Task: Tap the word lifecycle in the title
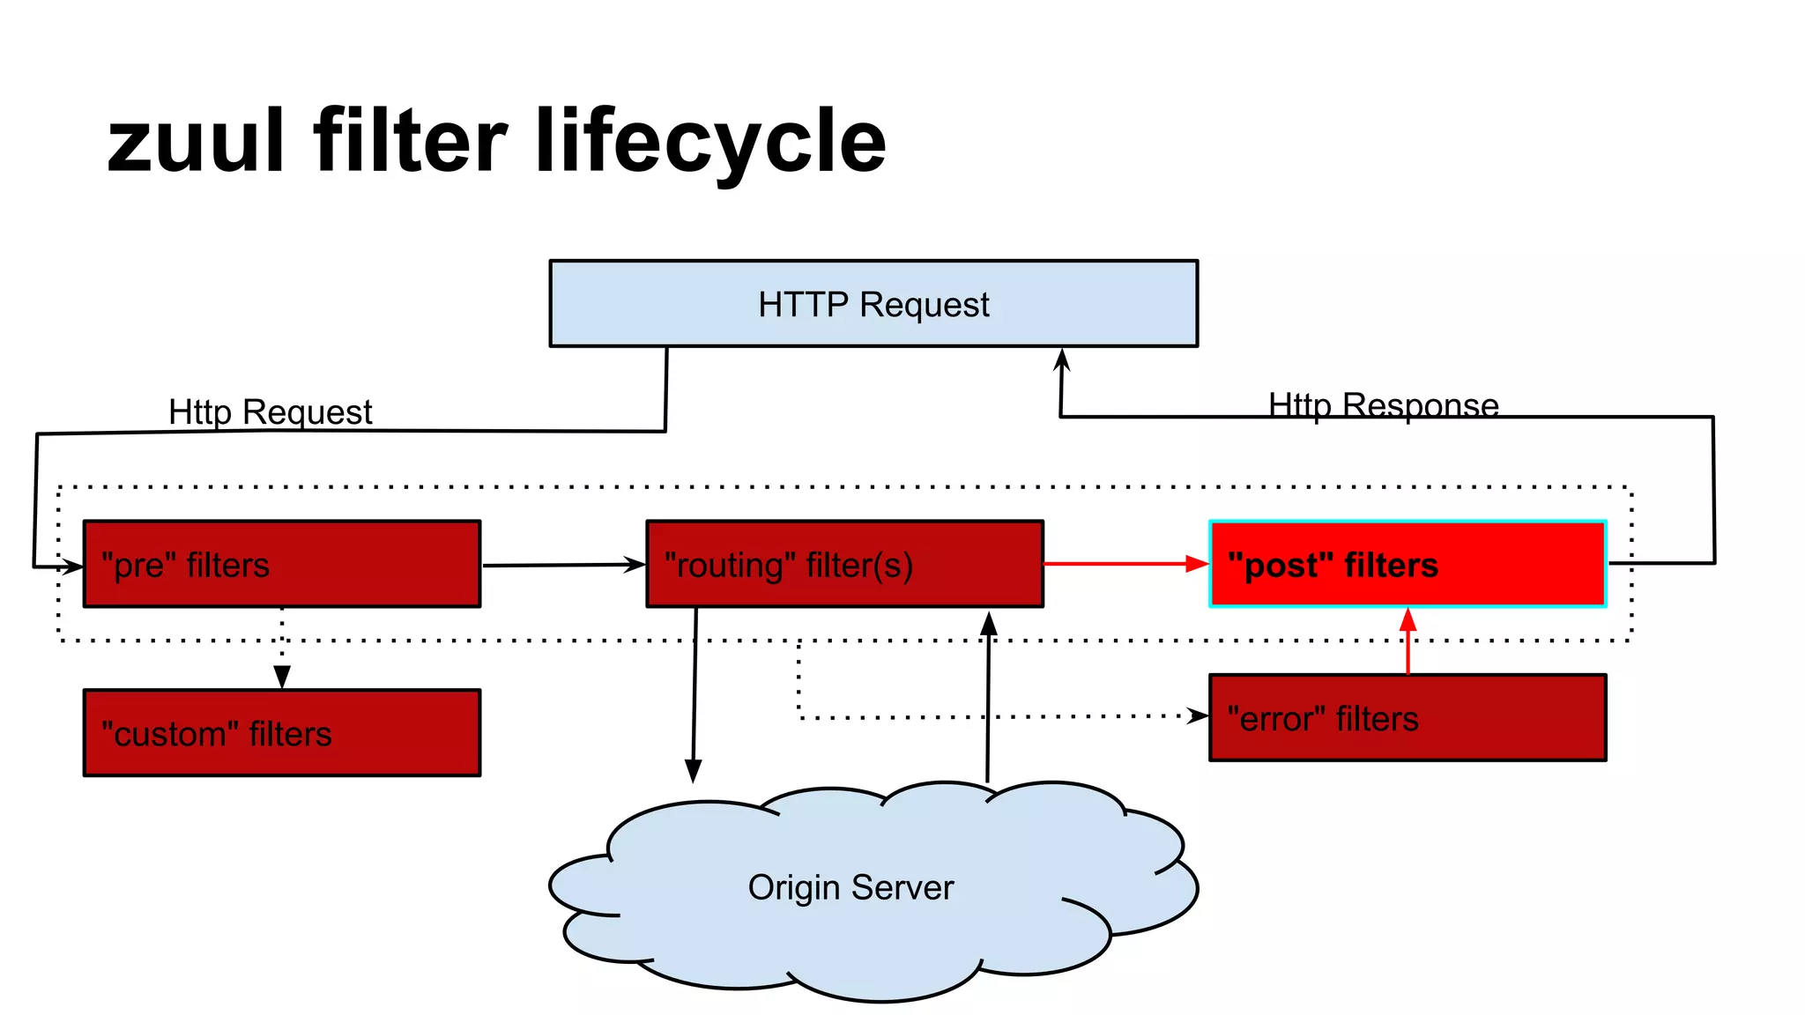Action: tap(709, 141)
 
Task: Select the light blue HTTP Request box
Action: tap(873, 304)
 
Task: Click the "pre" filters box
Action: tap(282, 564)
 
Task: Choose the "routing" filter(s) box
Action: tap(844, 564)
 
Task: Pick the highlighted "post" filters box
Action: tap(1408, 564)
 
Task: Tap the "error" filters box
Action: tap(1408, 718)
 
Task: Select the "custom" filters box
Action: tap(282, 733)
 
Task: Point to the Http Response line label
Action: tap(1383, 405)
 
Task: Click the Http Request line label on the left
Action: tap(270, 411)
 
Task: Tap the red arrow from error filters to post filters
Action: tap(1408, 641)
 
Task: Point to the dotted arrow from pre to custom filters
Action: tap(282, 648)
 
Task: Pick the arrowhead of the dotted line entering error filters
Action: tap(1198, 715)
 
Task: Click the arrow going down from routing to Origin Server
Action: tap(695, 696)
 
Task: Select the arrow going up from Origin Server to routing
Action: tap(988, 696)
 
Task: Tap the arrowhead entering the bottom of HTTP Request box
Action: tap(1062, 359)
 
